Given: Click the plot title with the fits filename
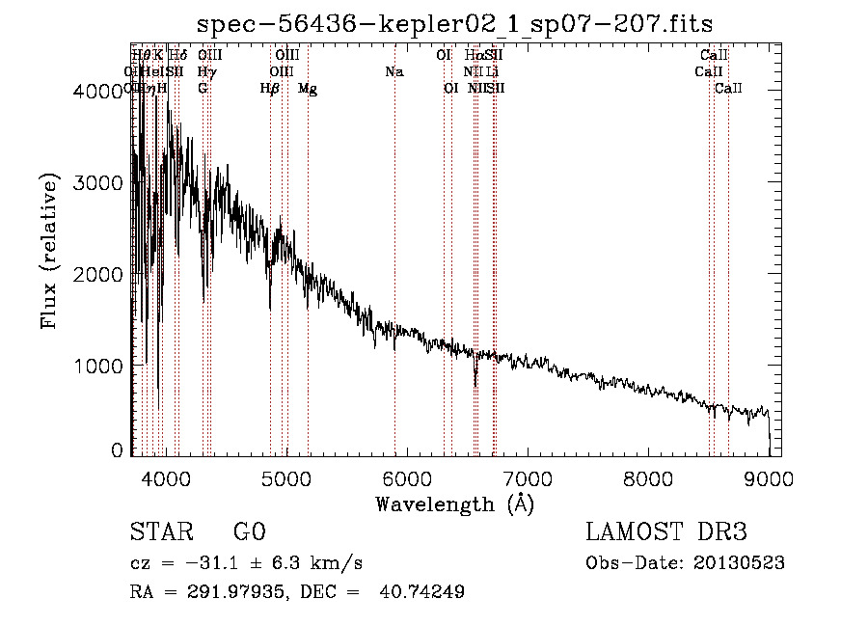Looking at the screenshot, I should pyautogui.click(x=454, y=24).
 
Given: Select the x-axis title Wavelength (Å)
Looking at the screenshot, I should pyautogui.click(x=454, y=504).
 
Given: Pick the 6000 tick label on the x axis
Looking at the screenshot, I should pyautogui.click(x=406, y=477).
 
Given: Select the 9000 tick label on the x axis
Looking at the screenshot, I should pyautogui.click(x=770, y=477).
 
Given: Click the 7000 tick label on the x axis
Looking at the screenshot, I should pyautogui.click(x=528, y=477).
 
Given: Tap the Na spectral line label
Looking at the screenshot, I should pyautogui.click(x=393, y=71).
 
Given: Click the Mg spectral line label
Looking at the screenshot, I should pyautogui.click(x=308, y=89).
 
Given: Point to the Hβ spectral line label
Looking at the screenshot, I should pyautogui.click(x=270, y=89).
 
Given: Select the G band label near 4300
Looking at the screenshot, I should pyautogui.click(x=203, y=89).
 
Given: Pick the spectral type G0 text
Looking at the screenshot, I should pyautogui.click(x=249, y=532).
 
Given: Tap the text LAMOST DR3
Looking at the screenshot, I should pyautogui.click(x=666, y=532).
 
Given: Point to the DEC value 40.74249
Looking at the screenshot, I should pyautogui.click(x=424, y=592).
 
